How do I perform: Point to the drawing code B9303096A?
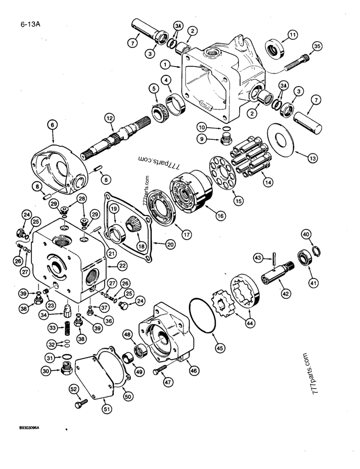(x=33, y=428)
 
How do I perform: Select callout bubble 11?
(x=292, y=35)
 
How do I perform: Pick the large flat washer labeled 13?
(x=280, y=138)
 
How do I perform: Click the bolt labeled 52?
(x=80, y=403)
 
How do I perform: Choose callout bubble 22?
(x=122, y=265)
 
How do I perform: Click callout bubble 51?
(x=108, y=409)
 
